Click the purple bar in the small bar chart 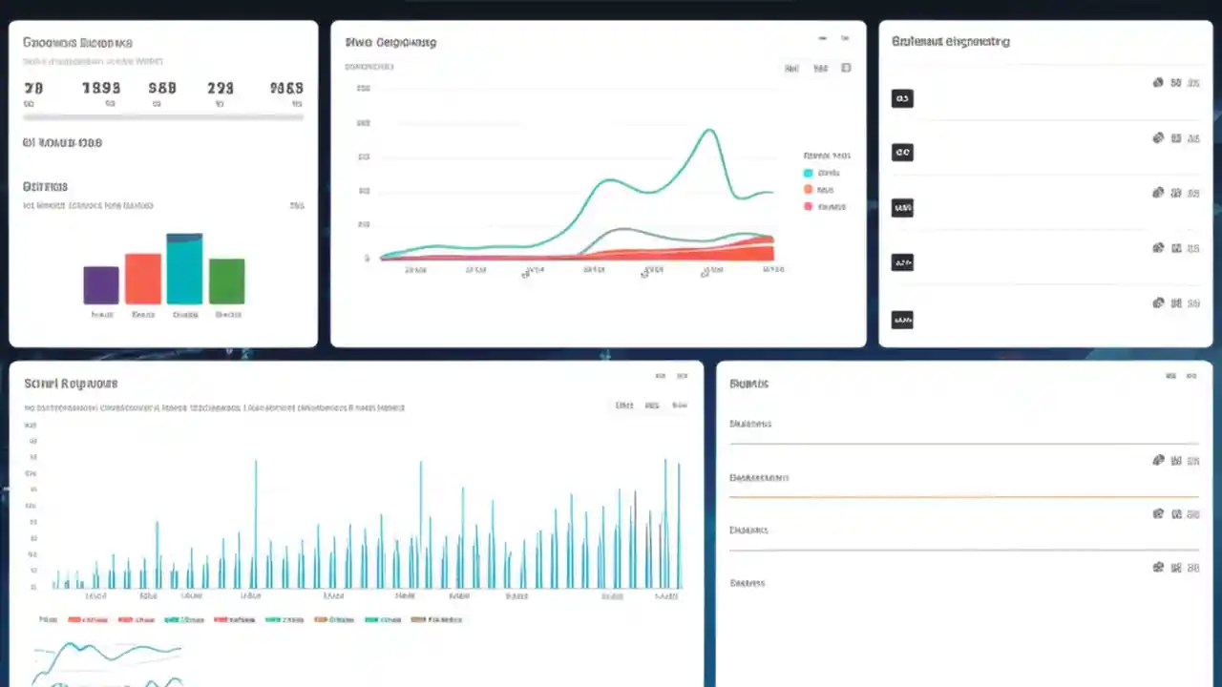click(101, 285)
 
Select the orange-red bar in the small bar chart click(143, 279)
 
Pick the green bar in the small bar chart click(227, 281)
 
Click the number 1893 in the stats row click(101, 88)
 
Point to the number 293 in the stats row click(221, 88)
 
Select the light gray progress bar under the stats click(163, 117)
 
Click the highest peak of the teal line click(708, 131)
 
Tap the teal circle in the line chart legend click(809, 173)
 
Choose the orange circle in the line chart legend click(809, 190)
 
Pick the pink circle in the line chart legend click(809, 206)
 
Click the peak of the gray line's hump click(622, 229)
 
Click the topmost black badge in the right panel click(901, 98)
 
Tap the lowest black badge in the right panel click(901, 321)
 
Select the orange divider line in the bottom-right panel click(964, 497)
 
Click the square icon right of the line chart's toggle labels click(846, 68)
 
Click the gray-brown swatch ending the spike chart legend click(418, 619)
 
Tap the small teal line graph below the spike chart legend click(105, 654)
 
